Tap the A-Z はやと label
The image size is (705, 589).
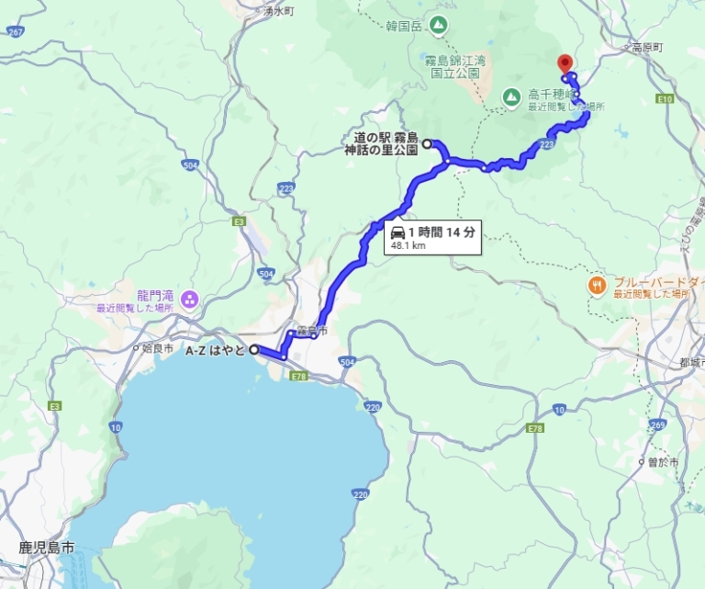pos(216,350)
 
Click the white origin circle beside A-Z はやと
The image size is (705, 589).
pos(254,349)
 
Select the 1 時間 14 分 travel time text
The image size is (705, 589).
pos(442,232)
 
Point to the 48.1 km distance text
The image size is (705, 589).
pos(408,246)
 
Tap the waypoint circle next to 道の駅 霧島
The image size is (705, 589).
pos(427,142)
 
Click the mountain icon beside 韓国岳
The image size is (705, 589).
pos(439,25)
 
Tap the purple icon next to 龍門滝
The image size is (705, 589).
pos(188,297)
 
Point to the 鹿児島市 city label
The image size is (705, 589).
pos(45,548)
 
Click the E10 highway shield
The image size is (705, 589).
pos(665,98)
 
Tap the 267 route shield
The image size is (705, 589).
pos(16,31)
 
